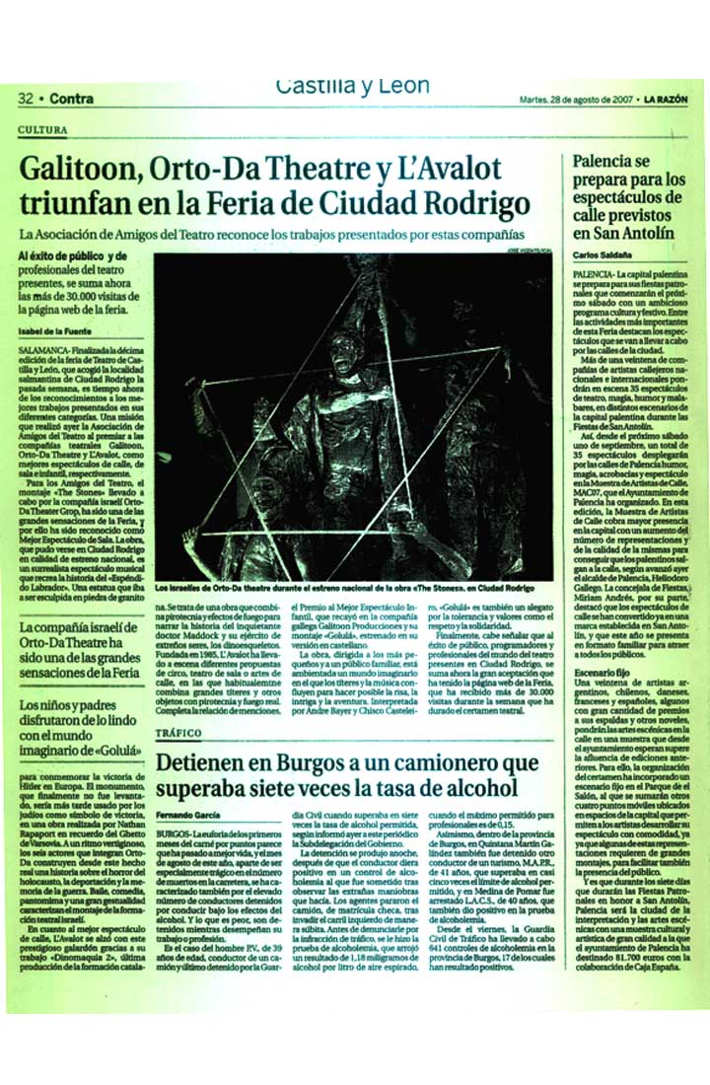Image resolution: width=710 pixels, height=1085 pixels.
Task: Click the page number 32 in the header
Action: click(26, 98)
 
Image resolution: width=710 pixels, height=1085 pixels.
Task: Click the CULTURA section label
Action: click(42, 130)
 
